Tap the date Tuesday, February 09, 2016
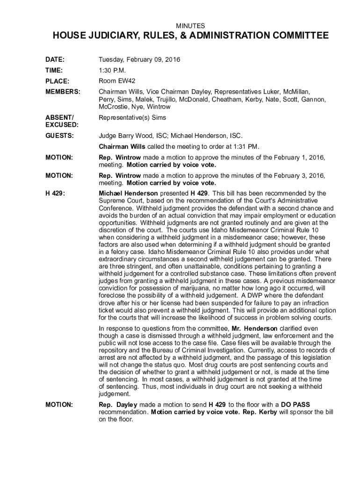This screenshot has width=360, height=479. (139, 60)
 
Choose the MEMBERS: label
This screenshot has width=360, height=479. (63, 91)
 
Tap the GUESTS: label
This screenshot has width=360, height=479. (59, 136)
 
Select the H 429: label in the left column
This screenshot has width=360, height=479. (54, 193)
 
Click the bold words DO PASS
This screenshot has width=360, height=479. (295, 404)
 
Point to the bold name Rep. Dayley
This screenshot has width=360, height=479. (118, 404)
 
